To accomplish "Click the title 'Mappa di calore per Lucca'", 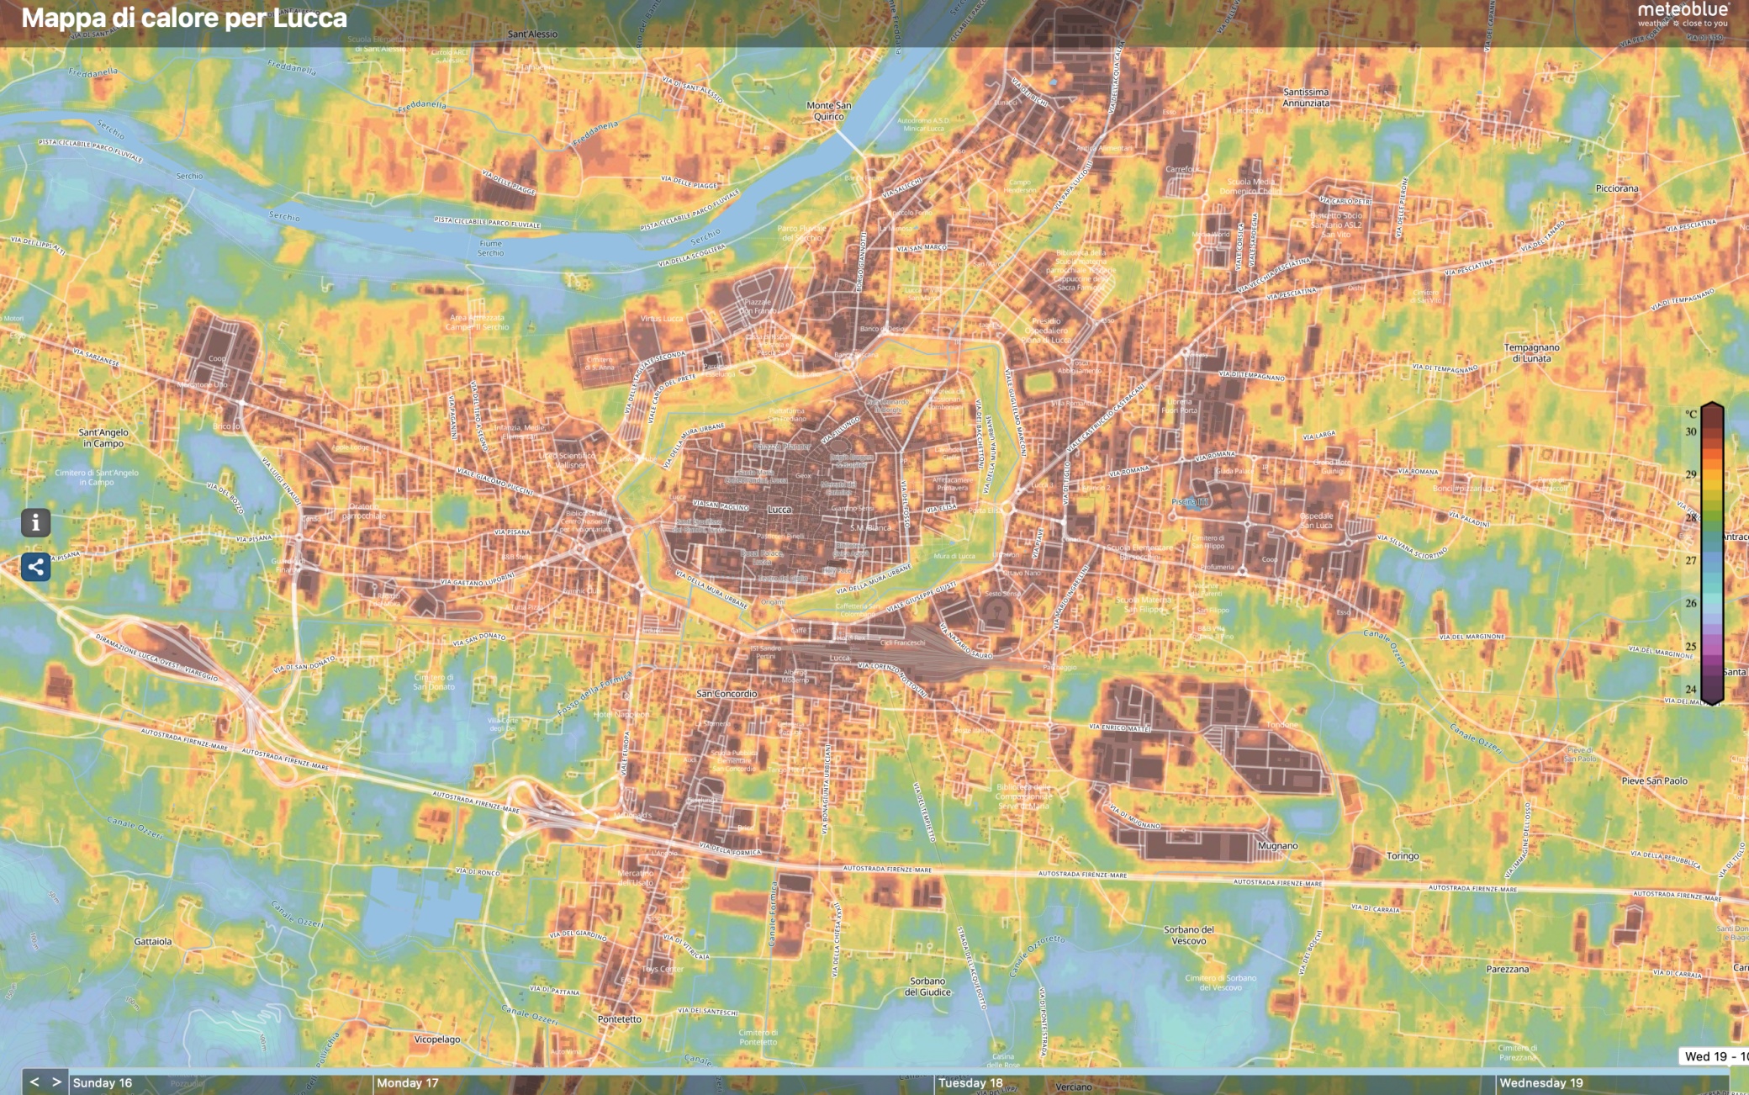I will point(183,18).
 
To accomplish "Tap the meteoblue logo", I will point(1683,13).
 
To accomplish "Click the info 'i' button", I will point(35,522).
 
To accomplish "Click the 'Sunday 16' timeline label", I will point(102,1083).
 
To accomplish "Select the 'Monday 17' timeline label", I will point(407,1083).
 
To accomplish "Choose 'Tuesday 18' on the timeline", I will point(970,1083).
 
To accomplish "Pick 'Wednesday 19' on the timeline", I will point(1540,1083).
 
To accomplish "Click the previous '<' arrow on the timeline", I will point(34,1082).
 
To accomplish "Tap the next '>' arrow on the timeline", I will point(56,1082).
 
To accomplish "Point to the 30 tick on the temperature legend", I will point(1691,431).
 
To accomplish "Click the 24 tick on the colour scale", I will point(1691,689).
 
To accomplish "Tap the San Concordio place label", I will point(727,694).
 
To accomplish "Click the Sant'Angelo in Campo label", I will point(103,438).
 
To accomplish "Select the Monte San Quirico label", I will point(828,111).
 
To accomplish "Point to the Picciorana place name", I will point(1616,188).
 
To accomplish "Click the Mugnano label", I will point(1277,846).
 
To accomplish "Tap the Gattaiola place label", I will point(152,942).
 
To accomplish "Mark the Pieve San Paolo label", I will point(1654,781).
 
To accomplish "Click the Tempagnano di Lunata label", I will point(1531,353).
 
